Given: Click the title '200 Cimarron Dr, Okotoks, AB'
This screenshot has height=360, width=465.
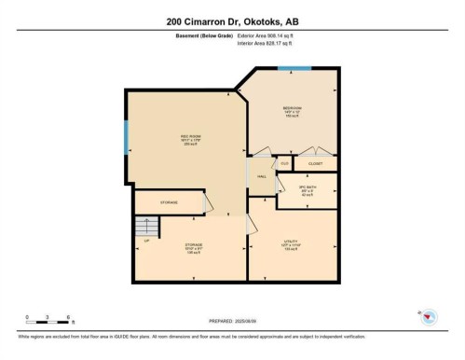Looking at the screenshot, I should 232,21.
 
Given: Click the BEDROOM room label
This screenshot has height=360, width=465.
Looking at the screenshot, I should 292,110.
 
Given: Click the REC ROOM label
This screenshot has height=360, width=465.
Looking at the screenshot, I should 190,139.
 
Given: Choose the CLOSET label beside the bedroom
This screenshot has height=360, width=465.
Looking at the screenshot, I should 315,163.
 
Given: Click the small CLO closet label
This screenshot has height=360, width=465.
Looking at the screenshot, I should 284,163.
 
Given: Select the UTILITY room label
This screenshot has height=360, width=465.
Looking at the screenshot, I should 291,244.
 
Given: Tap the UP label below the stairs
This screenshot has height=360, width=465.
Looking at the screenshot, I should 146,241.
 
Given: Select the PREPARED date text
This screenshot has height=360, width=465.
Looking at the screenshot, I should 232,324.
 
